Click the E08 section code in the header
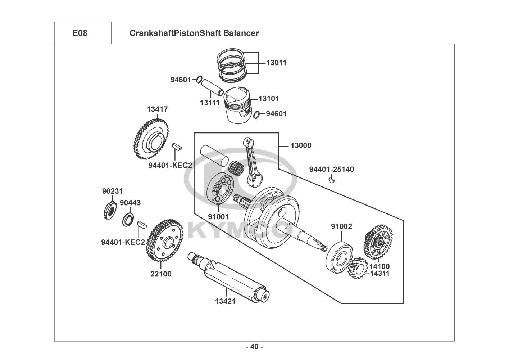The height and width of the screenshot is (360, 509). click(x=79, y=33)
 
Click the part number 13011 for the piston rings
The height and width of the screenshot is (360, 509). click(x=276, y=63)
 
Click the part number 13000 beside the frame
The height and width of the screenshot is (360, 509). click(x=301, y=146)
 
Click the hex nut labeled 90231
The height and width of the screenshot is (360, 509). click(x=108, y=211)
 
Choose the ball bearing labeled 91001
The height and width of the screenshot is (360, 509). click(x=220, y=189)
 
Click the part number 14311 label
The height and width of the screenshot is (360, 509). click(x=380, y=274)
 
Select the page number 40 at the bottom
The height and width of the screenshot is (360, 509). click(x=254, y=347)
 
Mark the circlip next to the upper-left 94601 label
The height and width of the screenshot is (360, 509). click(x=199, y=80)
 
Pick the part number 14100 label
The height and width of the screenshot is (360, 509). click(x=380, y=266)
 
